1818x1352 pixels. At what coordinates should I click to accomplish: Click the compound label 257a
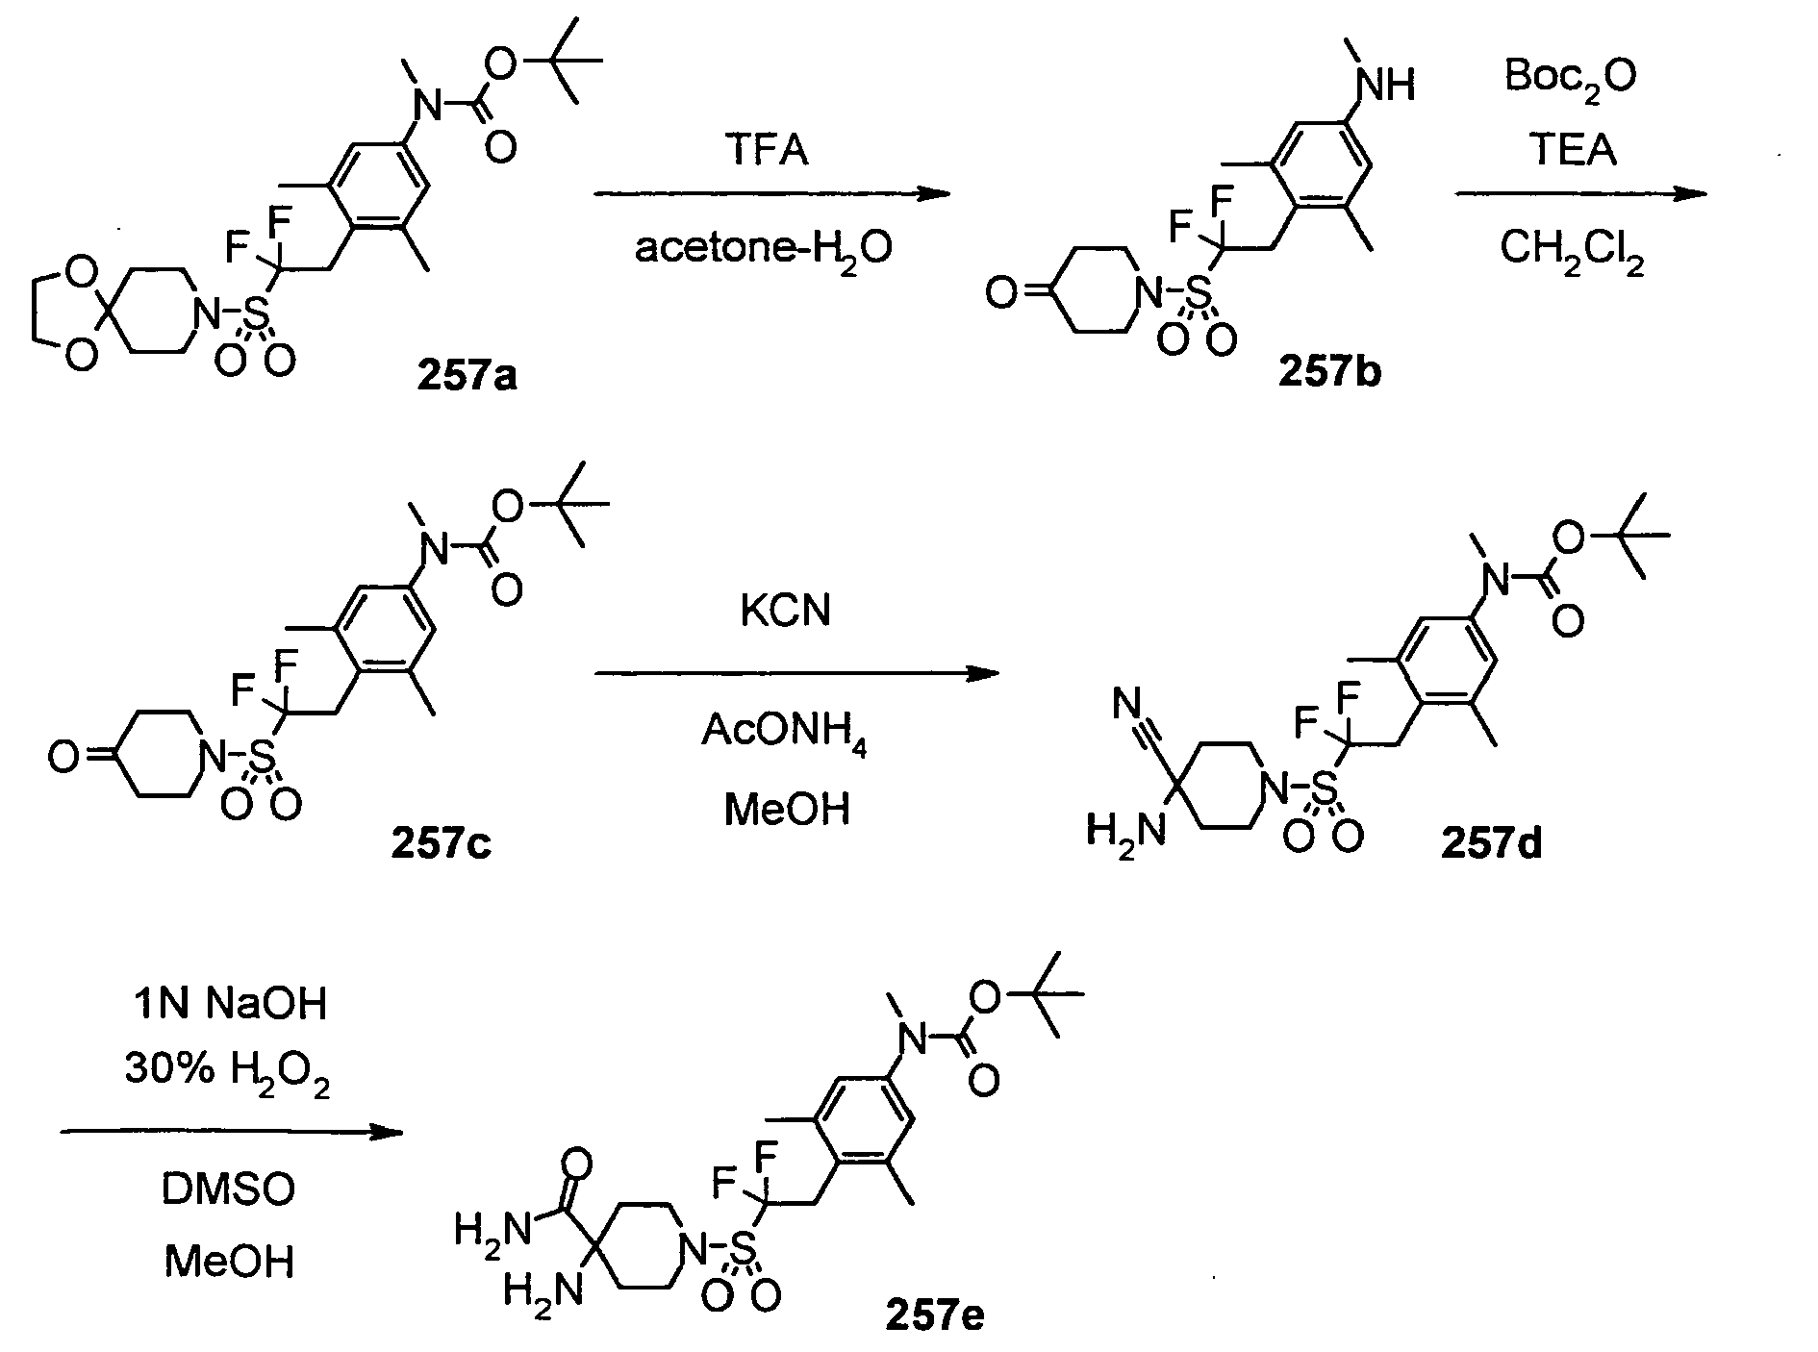point(467,375)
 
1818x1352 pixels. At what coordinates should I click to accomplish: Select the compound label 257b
point(1328,370)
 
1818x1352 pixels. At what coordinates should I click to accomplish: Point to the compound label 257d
point(1490,842)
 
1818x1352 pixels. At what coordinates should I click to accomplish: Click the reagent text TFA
point(766,151)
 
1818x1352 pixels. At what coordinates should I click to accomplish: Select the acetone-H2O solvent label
point(763,249)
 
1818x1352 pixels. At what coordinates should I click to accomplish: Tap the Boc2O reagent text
point(1570,77)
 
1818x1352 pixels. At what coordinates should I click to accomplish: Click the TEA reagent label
point(1574,150)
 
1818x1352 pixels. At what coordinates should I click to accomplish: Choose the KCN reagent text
point(785,611)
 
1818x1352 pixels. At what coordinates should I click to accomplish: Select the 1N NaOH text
point(229,1004)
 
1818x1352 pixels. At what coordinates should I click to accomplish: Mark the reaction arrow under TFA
point(771,194)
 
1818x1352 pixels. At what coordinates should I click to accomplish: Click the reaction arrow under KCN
point(796,673)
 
